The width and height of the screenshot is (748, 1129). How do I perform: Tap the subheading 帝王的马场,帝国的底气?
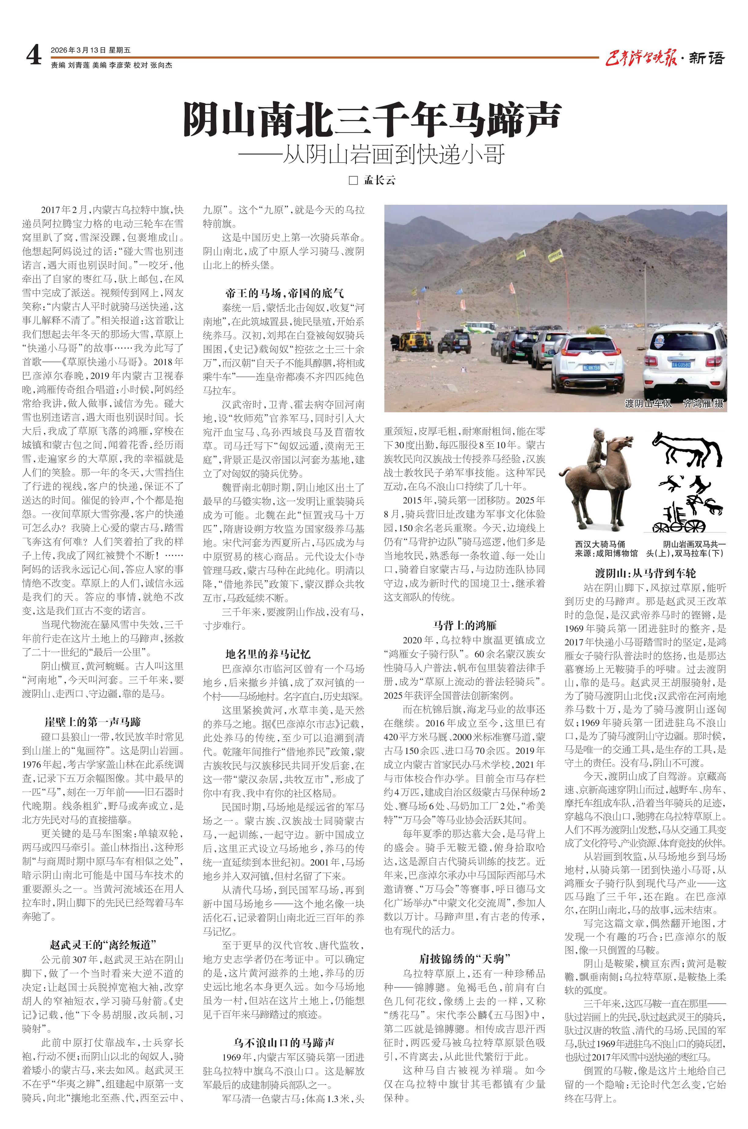[x=284, y=293]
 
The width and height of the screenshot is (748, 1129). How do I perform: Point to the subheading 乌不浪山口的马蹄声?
[x=284, y=1042]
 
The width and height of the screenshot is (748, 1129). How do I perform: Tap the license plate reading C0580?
[x=681, y=364]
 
